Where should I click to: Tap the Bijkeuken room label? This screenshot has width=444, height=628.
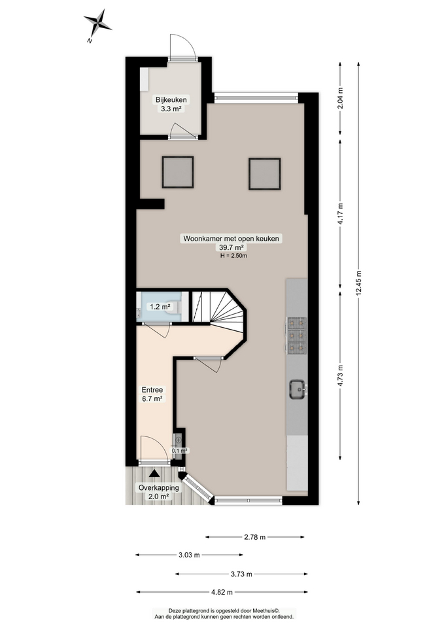pyautogui.click(x=171, y=100)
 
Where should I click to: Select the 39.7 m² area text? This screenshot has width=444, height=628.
pyautogui.click(x=232, y=248)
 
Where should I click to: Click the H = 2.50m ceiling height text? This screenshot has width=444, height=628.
pyautogui.click(x=233, y=256)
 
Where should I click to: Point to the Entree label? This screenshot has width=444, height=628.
pyautogui.click(x=152, y=389)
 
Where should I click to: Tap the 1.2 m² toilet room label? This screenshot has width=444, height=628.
pyautogui.click(x=160, y=306)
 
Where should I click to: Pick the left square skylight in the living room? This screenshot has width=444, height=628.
pyautogui.click(x=178, y=173)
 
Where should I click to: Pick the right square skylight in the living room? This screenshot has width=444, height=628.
pyautogui.click(x=264, y=173)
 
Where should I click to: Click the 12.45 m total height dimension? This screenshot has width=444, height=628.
pyautogui.click(x=358, y=283)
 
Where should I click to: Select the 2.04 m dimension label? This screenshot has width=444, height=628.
pyautogui.click(x=340, y=99)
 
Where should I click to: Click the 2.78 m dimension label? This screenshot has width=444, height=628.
pyautogui.click(x=254, y=537)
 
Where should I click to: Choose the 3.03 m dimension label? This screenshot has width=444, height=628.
pyautogui.click(x=189, y=555)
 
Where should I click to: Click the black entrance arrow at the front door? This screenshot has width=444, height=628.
pyautogui.click(x=154, y=472)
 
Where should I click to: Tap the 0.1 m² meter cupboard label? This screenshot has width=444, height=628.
pyautogui.click(x=179, y=450)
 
